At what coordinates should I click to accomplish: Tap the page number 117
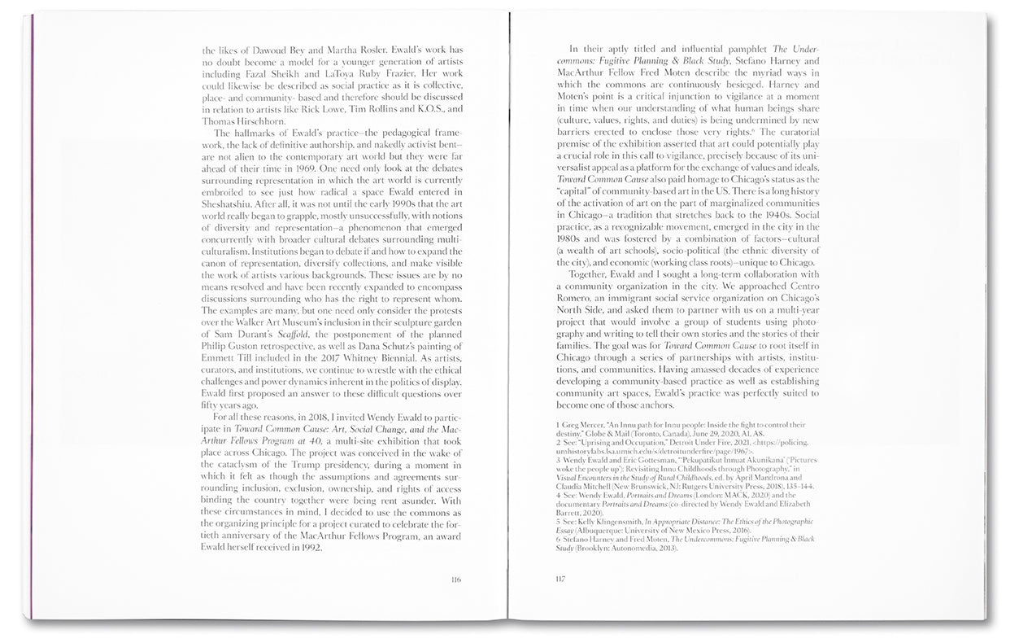[560, 580]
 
